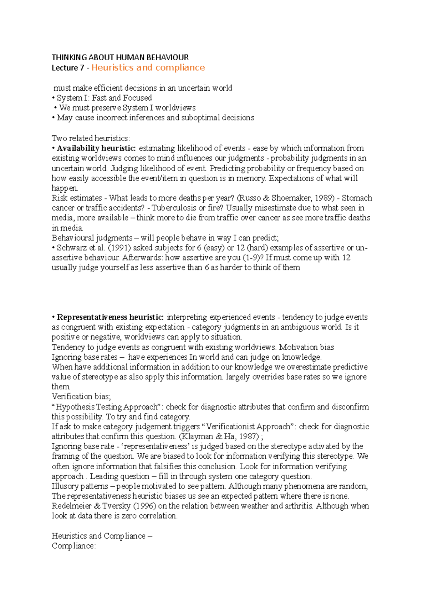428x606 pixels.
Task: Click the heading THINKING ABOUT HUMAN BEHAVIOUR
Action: point(120,57)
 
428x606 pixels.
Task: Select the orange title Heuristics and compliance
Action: point(148,67)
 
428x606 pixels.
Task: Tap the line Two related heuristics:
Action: point(91,138)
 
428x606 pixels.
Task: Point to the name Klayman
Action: point(198,436)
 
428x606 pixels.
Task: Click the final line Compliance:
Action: point(73,546)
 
